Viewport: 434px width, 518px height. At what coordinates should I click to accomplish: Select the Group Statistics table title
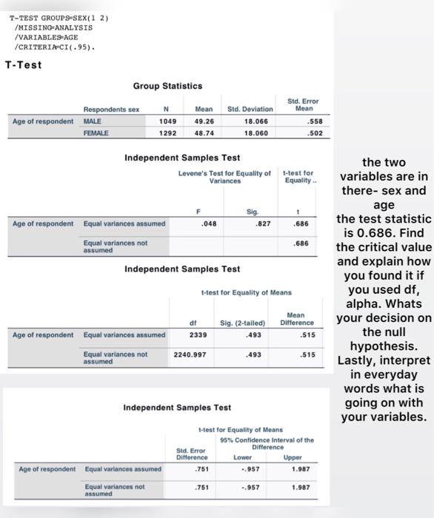pos(167,87)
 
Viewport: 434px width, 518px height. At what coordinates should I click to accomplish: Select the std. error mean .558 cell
pos(304,121)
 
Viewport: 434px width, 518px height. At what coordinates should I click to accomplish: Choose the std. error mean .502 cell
pos(304,133)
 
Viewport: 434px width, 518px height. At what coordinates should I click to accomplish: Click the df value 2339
pos(198,334)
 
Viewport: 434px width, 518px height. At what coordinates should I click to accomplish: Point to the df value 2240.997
pos(193,354)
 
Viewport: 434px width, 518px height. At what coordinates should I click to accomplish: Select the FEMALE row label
pos(96,133)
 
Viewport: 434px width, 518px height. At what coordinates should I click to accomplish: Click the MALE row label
pos(93,121)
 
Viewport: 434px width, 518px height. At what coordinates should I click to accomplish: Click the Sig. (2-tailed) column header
pos(242,323)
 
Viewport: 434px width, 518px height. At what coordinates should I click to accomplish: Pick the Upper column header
pos(301,457)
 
